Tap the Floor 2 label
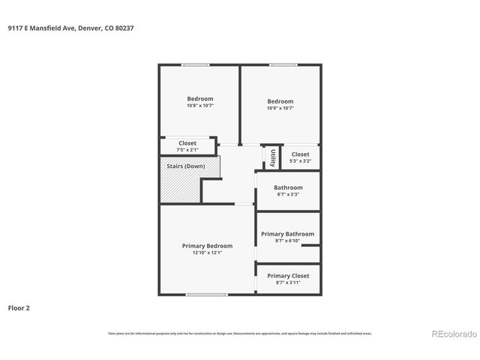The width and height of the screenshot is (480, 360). pos(19,307)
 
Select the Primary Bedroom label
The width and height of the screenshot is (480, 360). pos(207,246)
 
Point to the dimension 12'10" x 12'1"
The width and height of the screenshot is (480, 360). pos(207,253)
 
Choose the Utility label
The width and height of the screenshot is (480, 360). pos(273,157)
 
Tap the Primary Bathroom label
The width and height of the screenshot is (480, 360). pos(287,234)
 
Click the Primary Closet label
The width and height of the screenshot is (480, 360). pos(288,275)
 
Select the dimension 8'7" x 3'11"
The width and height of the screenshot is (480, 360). pos(288,283)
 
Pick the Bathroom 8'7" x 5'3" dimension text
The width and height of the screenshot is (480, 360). pos(288,194)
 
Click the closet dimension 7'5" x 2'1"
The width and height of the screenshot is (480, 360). pos(187,149)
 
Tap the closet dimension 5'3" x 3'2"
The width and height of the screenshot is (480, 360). pos(300,161)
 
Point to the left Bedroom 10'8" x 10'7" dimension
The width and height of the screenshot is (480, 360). pos(200,106)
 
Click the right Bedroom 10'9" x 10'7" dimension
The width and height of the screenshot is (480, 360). pos(280,108)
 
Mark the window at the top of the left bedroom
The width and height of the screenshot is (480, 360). pos(196,65)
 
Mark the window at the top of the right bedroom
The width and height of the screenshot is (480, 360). pos(283,65)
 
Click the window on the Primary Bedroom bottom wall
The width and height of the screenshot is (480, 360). pos(206,295)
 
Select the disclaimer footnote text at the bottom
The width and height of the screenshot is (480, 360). pos(240,334)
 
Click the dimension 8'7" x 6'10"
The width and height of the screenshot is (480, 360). pos(287,241)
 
